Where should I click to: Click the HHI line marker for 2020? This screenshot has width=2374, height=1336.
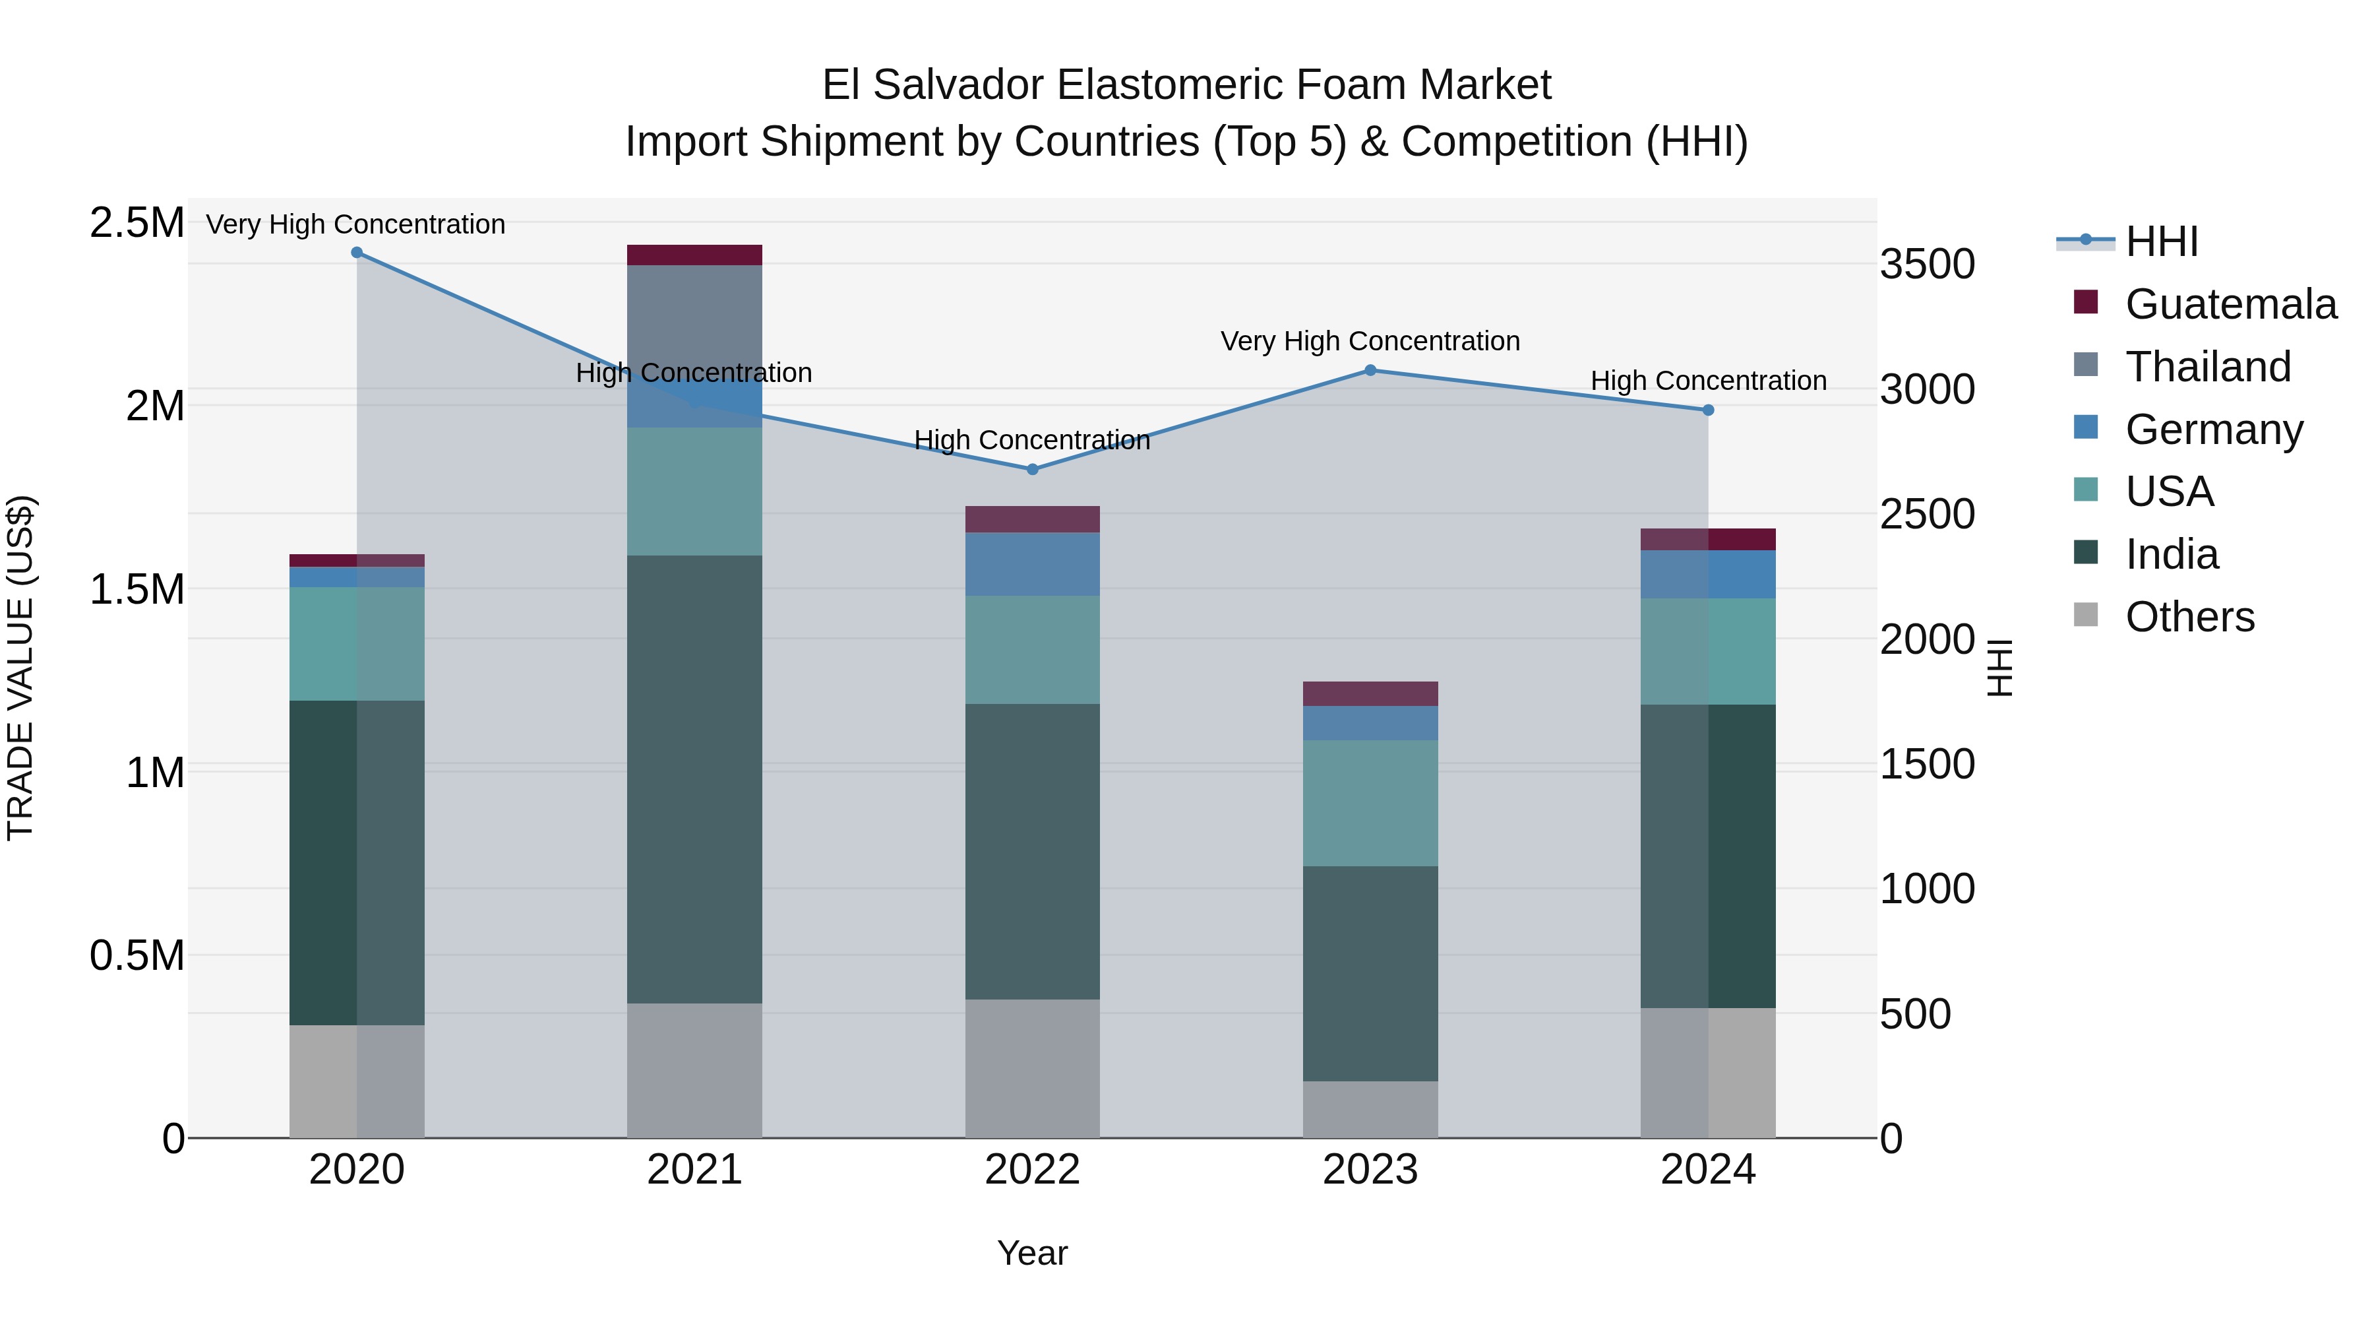click(x=357, y=253)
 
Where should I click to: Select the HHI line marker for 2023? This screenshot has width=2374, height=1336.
click(x=1370, y=371)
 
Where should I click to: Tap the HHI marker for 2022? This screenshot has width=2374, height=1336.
click(x=1032, y=469)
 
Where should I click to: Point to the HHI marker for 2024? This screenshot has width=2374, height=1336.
click(x=1708, y=410)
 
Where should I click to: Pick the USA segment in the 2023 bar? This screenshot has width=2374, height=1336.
click(x=1370, y=802)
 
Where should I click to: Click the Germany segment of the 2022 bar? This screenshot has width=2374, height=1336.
click(x=1032, y=564)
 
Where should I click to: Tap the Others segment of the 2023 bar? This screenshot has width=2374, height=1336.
click(x=1370, y=1109)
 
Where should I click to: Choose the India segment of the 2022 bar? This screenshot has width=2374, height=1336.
click(x=1032, y=851)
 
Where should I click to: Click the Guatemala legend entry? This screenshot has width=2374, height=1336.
click(x=2230, y=304)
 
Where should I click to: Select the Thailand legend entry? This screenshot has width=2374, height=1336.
click(x=2207, y=367)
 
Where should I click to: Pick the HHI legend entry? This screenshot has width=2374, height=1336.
click(x=2161, y=241)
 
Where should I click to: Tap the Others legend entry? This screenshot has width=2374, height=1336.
click(x=2189, y=617)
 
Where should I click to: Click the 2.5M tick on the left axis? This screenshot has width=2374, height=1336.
click(x=137, y=223)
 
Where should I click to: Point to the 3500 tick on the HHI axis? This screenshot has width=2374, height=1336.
click(x=1927, y=265)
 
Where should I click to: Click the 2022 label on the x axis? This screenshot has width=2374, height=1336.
click(x=1032, y=1170)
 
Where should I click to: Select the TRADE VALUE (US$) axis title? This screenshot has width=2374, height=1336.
click(x=21, y=668)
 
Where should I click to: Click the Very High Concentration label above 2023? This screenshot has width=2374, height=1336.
click(x=1370, y=341)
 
